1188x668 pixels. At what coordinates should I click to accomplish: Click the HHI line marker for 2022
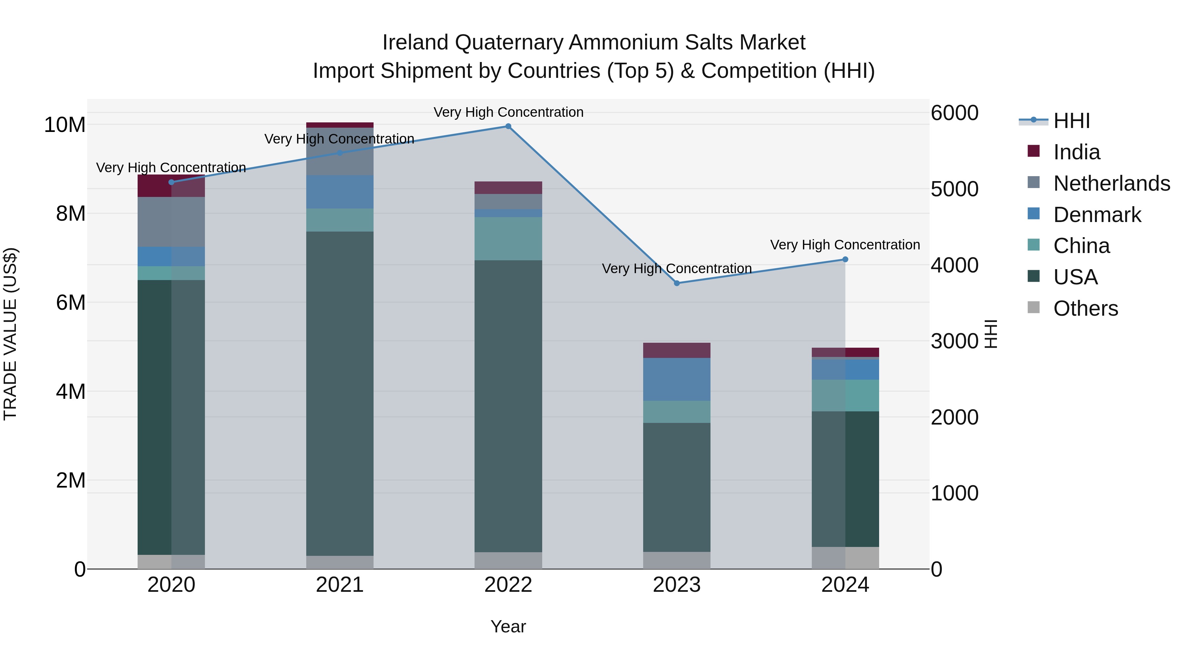(x=508, y=126)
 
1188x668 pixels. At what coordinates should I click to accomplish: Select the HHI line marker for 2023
(x=676, y=283)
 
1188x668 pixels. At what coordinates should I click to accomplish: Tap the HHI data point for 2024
(x=845, y=260)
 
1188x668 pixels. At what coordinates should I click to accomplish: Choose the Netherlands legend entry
(x=1111, y=183)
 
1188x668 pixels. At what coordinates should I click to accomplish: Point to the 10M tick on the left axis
(x=65, y=125)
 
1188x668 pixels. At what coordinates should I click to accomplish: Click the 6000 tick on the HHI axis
(x=954, y=113)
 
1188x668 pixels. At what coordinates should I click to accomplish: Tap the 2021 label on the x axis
(x=340, y=585)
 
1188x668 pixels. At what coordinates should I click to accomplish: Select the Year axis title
(x=508, y=626)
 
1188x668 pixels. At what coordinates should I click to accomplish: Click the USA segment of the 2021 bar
(x=340, y=392)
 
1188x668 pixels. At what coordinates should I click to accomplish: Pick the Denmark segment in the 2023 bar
(x=676, y=379)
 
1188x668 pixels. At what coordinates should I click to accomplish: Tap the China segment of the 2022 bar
(x=508, y=239)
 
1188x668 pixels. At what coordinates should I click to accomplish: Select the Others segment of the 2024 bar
(x=845, y=557)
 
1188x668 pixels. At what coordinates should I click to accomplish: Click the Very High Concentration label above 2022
(x=508, y=112)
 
